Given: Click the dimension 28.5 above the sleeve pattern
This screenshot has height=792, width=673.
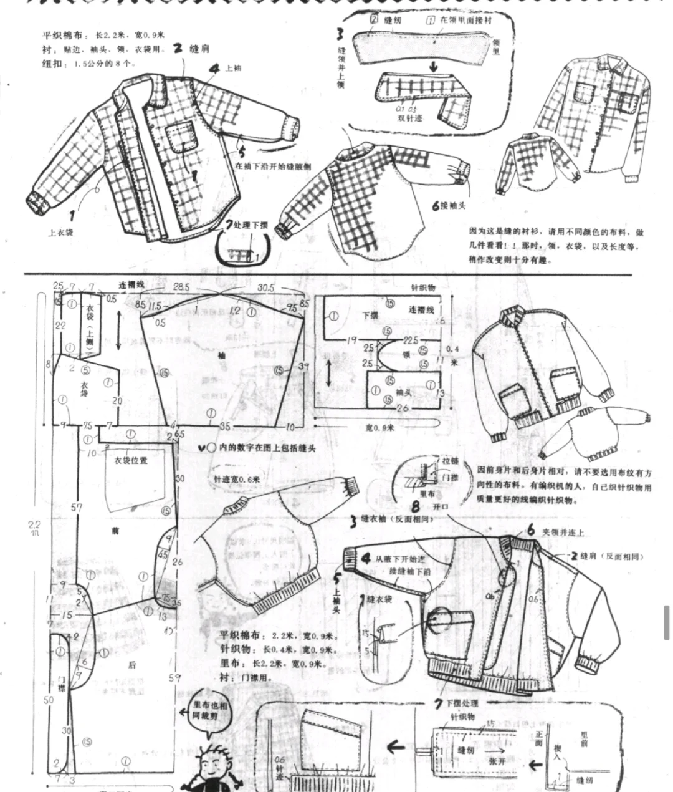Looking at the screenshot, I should coord(181,286).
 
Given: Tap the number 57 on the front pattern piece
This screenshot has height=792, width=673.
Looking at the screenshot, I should coord(77,507).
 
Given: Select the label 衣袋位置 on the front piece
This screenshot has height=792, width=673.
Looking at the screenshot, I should coord(131,460).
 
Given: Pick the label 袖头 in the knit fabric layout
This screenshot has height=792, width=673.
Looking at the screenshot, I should coord(404,392).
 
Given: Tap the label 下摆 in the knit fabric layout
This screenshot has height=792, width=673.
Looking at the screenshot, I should coord(370,316).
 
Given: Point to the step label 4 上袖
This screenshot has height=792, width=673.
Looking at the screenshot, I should coord(224,68).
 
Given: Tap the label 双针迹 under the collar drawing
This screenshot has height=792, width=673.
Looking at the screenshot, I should coord(409,117).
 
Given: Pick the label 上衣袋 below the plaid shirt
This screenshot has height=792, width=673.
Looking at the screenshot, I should coord(61,233).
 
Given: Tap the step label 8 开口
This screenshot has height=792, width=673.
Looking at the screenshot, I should coord(430,506).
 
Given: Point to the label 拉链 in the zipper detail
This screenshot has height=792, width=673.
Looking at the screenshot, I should coord(450,460).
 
